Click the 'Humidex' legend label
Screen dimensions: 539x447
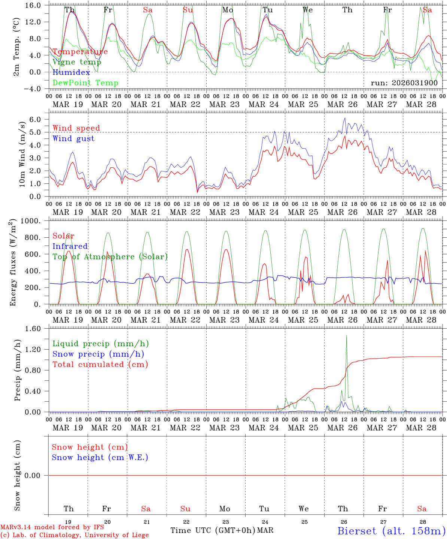(71, 73)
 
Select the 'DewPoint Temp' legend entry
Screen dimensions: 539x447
(85, 83)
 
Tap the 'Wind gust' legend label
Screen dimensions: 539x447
(73, 138)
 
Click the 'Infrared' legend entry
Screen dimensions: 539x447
(70, 246)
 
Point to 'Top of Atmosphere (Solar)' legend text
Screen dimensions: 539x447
(110, 257)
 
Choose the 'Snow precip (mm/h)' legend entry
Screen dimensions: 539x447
(98, 354)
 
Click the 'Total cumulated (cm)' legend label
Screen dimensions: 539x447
(100, 365)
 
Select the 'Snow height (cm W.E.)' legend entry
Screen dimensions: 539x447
(100, 457)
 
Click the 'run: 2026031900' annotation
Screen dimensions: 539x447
(404, 83)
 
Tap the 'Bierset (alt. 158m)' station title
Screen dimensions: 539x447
(391, 530)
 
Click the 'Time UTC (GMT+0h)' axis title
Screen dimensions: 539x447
(213, 530)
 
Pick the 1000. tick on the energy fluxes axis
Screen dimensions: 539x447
(33, 221)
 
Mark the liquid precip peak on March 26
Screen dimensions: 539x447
(346, 336)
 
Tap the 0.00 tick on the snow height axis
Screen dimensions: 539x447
(37, 475)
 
